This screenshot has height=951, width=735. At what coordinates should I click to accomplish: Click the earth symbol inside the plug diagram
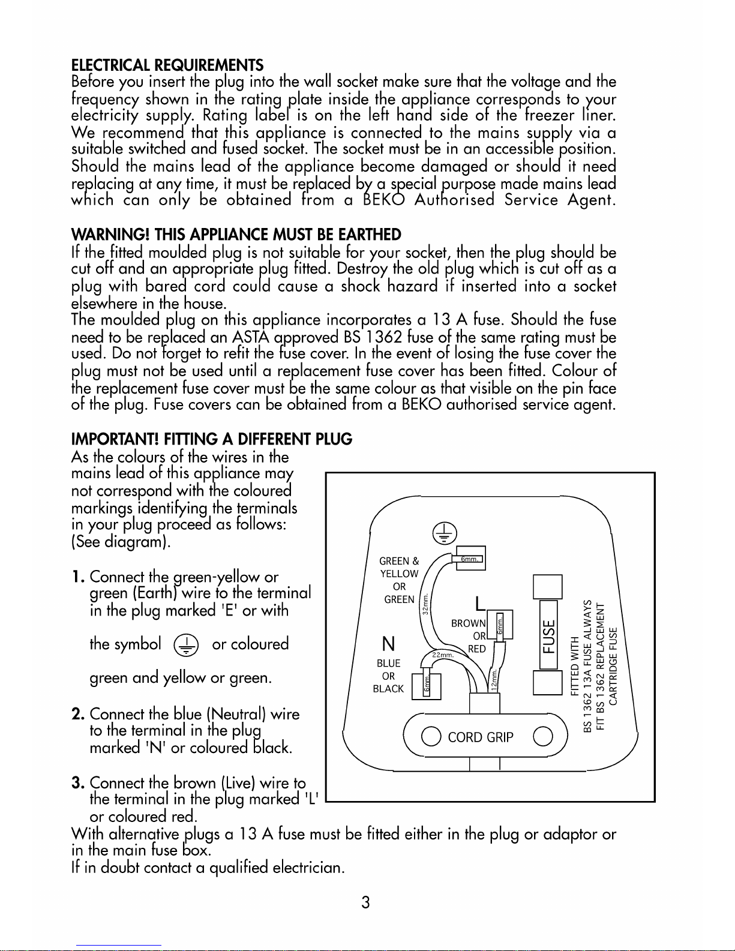(445, 533)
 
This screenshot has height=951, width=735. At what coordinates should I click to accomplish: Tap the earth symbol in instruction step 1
(186, 645)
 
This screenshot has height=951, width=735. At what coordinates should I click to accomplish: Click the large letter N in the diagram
(389, 644)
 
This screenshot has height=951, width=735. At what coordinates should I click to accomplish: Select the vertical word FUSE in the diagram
(548, 637)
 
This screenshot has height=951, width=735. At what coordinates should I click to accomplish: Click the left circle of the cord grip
(431, 736)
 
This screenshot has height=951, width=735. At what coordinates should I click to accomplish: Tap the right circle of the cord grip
(543, 736)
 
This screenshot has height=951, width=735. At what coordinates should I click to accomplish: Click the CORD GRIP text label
(481, 737)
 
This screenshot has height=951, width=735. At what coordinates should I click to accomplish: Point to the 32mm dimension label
(425, 604)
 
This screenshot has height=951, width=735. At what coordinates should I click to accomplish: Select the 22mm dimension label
(443, 655)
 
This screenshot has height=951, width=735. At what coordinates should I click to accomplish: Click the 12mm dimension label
(494, 680)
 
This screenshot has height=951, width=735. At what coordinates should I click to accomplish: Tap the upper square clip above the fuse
(547, 587)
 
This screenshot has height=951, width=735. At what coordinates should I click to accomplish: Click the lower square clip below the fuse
(547, 683)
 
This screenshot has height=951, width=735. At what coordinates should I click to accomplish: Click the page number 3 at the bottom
(366, 902)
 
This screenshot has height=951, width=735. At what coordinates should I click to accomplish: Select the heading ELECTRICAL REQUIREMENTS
(167, 65)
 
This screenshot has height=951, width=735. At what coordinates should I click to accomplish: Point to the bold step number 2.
(78, 714)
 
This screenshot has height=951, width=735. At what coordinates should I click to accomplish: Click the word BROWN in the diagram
(469, 623)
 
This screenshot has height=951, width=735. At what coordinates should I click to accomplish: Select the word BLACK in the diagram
(389, 689)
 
